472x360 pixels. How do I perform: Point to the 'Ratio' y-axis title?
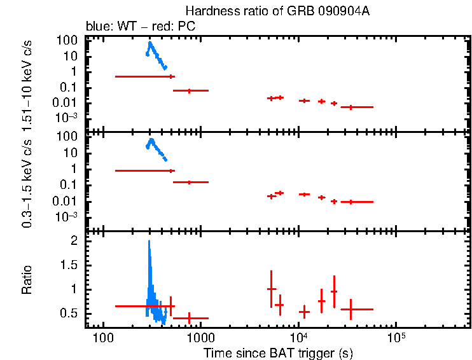pos(27,280)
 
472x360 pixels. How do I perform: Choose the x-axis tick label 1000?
pos(200,338)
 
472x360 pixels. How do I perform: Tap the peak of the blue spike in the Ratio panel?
pos(149,242)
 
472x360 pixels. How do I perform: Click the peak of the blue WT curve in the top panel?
pos(149,43)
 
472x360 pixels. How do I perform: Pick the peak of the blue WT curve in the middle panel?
pos(151,139)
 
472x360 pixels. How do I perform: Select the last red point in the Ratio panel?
pos(351,309)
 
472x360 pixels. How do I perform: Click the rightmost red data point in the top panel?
pos(351,107)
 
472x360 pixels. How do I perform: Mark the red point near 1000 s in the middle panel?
pos(189,183)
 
